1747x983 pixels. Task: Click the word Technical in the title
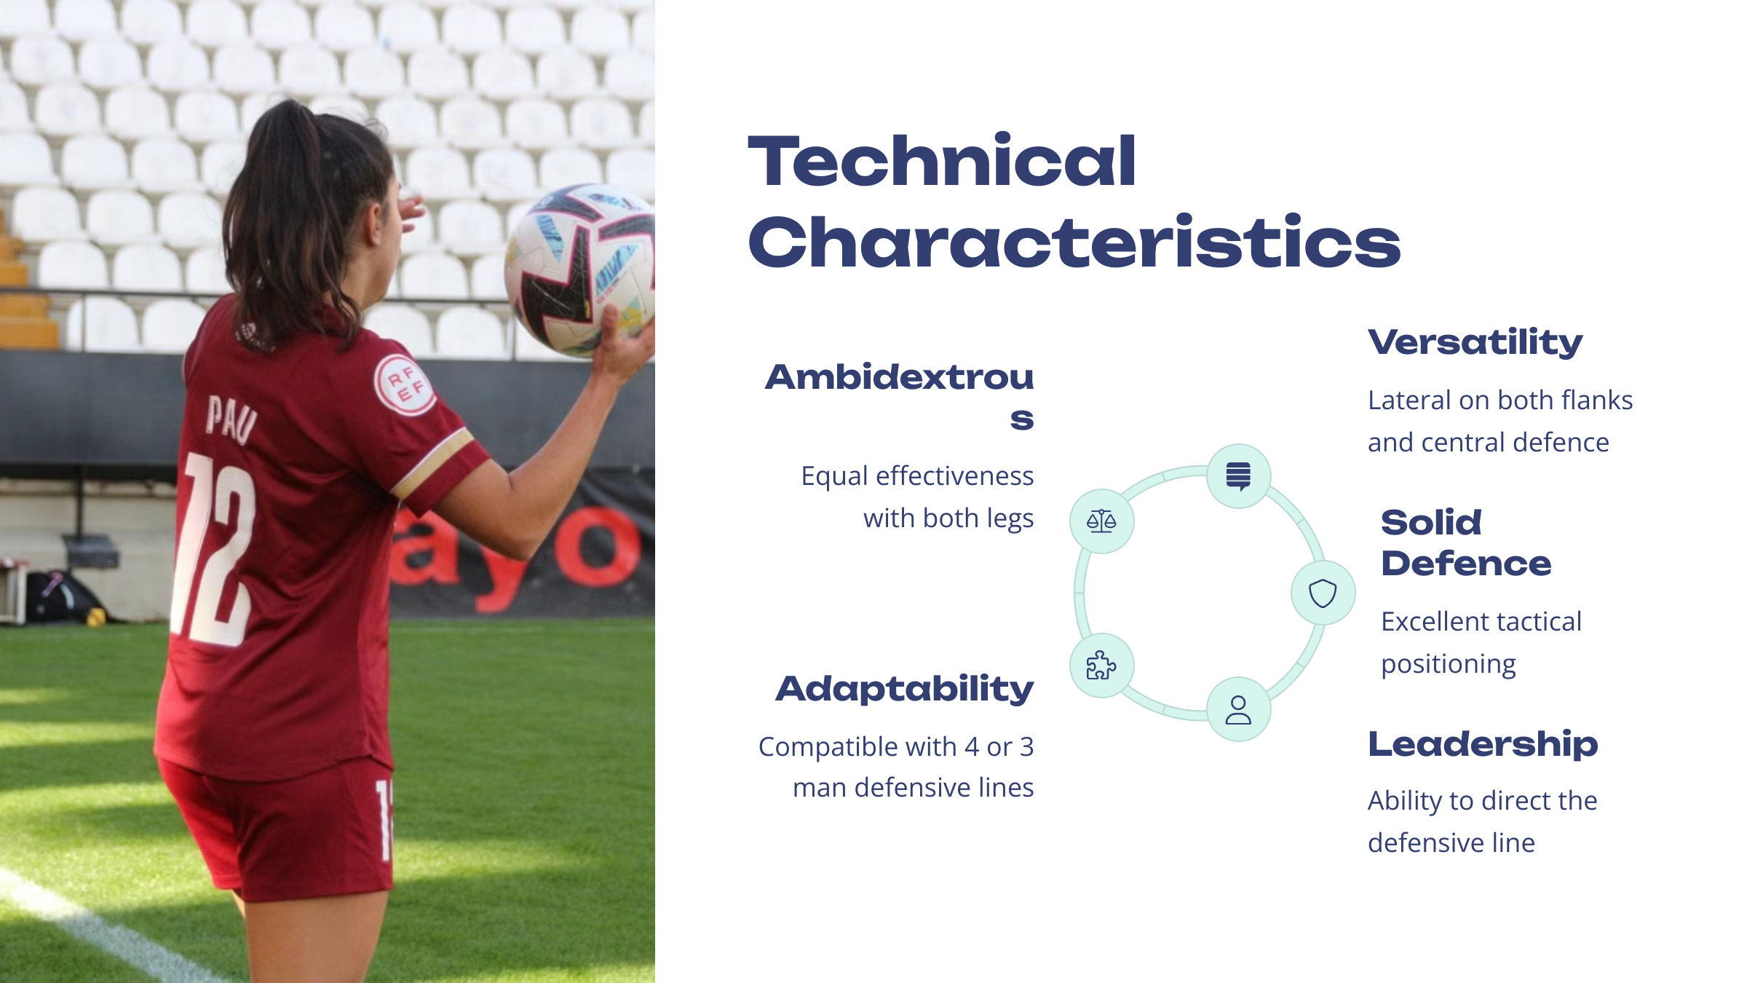pyautogui.click(x=942, y=161)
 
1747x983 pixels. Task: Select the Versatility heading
pyautogui.click(x=1475, y=342)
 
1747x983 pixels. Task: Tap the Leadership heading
pyautogui.click(x=1483, y=745)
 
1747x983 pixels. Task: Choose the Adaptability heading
pyautogui.click(x=905, y=689)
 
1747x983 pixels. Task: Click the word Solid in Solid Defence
pyautogui.click(x=1431, y=522)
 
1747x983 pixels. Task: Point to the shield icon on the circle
pyautogui.click(x=1323, y=593)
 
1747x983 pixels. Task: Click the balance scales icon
pyautogui.click(x=1101, y=521)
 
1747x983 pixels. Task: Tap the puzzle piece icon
pyautogui.click(x=1101, y=665)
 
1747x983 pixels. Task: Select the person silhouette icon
pyautogui.click(x=1238, y=710)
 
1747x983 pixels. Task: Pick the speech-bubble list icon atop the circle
pyautogui.click(x=1238, y=476)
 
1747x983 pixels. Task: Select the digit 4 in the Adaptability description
pyautogui.click(x=972, y=747)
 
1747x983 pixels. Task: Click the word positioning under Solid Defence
pyautogui.click(x=1449, y=665)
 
